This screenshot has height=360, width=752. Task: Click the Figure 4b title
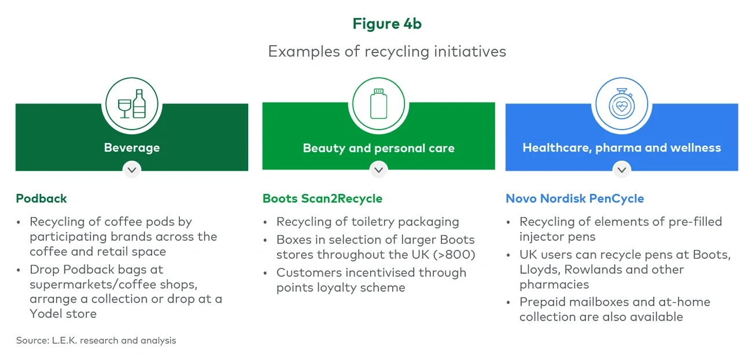point(387,24)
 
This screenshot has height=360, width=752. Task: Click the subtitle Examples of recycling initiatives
point(387,52)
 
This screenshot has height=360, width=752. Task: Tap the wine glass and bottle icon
point(132,104)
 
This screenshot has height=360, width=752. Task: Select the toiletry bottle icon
point(378,104)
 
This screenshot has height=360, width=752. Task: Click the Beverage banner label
point(132,148)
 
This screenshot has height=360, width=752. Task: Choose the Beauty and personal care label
point(378,148)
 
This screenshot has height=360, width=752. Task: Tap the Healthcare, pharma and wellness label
point(621,148)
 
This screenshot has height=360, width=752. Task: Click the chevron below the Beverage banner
point(132,170)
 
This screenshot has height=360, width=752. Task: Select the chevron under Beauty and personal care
point(378,170)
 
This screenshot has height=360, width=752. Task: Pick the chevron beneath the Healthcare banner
point(622,170)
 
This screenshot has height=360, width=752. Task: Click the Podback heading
point(42,199)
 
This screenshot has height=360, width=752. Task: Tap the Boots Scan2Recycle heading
point(322,199)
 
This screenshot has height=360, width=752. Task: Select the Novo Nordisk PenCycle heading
point(574,199)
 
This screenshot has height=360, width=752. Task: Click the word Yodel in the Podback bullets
point(47,314)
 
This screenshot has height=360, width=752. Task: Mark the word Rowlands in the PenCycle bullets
point(585,270)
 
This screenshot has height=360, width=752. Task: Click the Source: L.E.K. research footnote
point(96,340)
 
